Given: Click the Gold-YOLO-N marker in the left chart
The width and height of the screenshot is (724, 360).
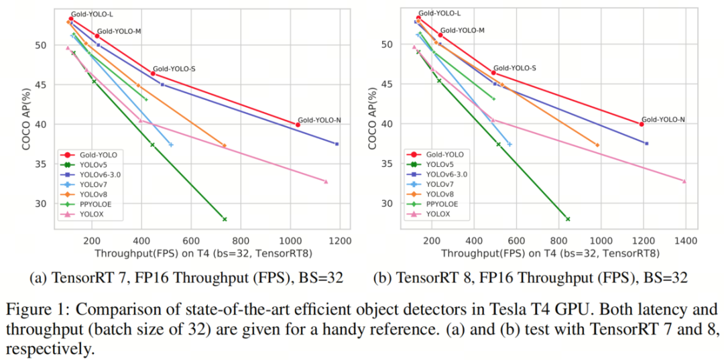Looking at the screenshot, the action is pyautogui.click(x=298, y=125).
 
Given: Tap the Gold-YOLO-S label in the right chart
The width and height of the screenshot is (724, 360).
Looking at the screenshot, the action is pyautogui.click(x=515, y=68).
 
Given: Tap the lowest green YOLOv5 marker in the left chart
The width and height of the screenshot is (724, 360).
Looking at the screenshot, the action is pyautogui.click(x=225, y=219).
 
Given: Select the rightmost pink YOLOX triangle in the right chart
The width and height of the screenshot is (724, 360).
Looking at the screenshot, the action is pyautogui.click(x=684, y=181).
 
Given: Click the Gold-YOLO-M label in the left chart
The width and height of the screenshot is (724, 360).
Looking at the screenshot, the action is pyautogui.click(x=119, y=32).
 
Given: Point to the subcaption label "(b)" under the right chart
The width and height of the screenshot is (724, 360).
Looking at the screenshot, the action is pyautogui.click(x=382, y=278).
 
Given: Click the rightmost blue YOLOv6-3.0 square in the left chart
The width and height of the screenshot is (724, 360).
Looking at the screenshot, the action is pyautogui.click(x=337, y=144).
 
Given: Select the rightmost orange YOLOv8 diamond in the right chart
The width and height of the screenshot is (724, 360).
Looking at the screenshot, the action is pyautogui.click(x=597, y=145).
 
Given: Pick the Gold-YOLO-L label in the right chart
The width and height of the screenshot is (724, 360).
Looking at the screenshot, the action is pyautogui.click(x=440, y=13).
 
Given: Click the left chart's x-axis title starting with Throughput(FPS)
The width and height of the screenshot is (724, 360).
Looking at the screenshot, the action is pyautogui.click(x=204, y=253).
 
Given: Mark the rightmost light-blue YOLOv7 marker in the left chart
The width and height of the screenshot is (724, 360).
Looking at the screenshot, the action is pyautogui.click(x=172, y=145).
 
